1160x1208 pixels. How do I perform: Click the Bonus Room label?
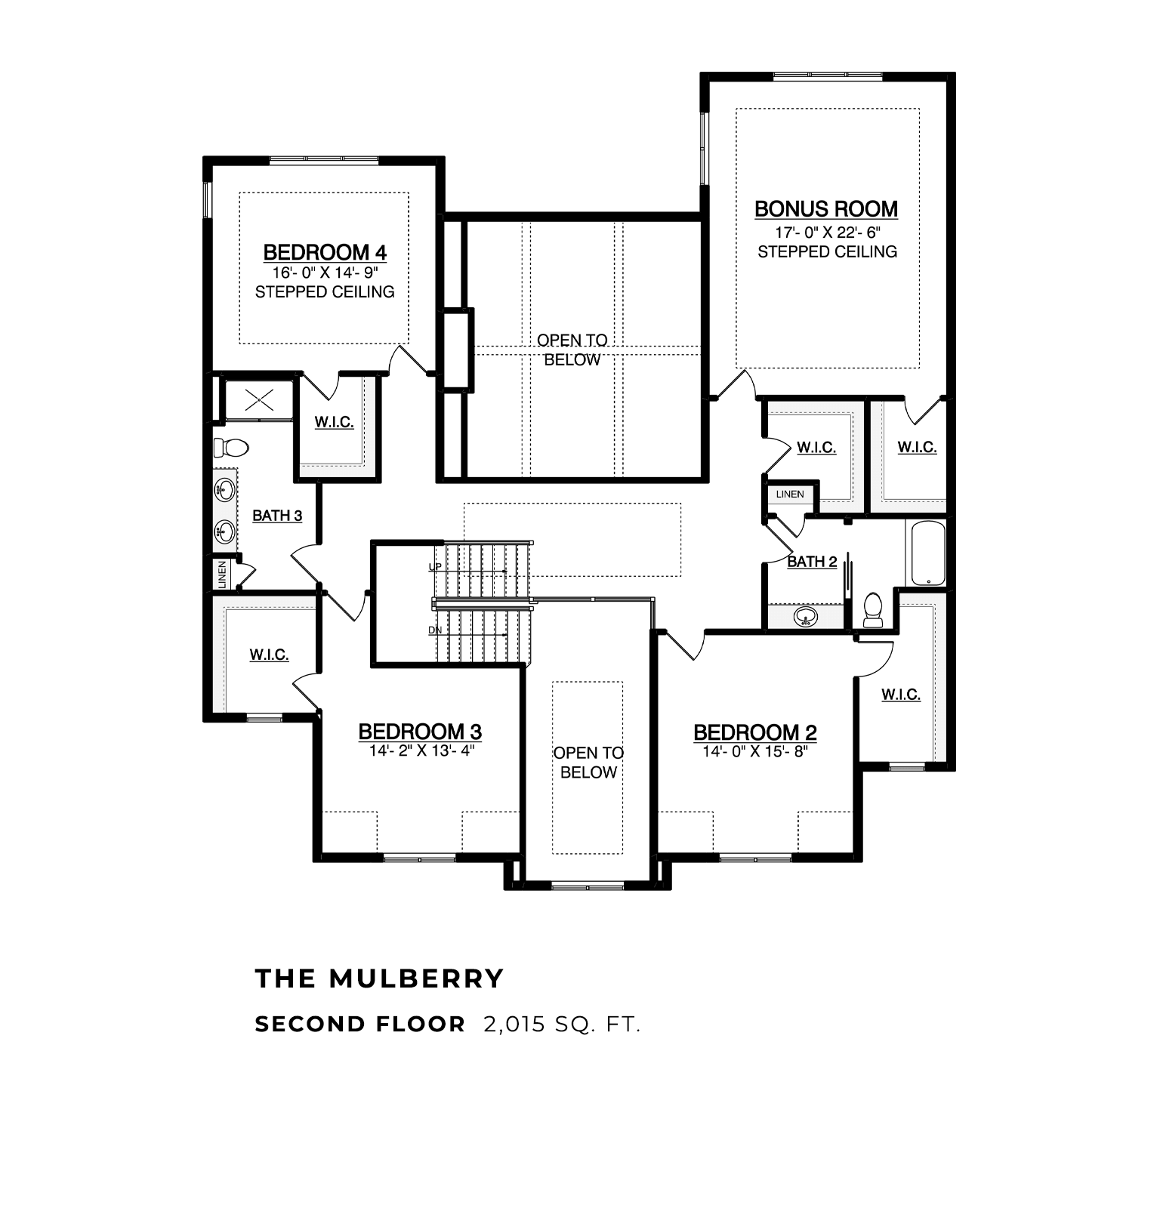pyautogui.click(x=826, y=208)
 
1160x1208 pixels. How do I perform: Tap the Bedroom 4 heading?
pyautogui.click(x=325, y=251)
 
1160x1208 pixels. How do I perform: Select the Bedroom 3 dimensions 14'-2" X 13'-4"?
pyautogui.click(x=421, y=751)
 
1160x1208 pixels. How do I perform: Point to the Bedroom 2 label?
pyautogui.click(x=755, y=732)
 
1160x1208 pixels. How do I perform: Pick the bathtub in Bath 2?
pyautogui.click(x=928, y=553)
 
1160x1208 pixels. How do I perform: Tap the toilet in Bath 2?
pyautogui.click(x=873, y=610)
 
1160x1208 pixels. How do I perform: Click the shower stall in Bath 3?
pyautogui.click(x=259, y=399)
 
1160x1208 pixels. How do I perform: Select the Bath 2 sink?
pyautogui.click(x=806, y=618)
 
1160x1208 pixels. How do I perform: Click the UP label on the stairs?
pyautogui.click(x=435, y=566)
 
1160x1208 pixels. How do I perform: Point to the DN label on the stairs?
pyautogui.click(x=435, y=630)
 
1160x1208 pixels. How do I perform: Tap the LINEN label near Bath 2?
pyautogui.click(x=790, y=495)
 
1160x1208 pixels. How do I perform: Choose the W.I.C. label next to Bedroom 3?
pyautogui.click(x=270, y=655)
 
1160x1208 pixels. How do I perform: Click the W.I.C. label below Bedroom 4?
pyautogui.click(x=334, y=422)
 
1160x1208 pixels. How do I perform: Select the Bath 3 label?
pyautogui.click(x=277, y=516)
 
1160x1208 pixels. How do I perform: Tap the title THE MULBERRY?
pyautogui.click(x=379, y=978)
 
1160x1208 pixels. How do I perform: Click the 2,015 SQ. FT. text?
pyautogui.click(x=562, y=1025)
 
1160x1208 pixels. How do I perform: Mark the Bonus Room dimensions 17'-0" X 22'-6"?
pyautogui.click(x=827, y=233)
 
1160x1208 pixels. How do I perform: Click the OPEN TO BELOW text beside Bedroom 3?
pyautogui.click(x=588, y=763)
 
